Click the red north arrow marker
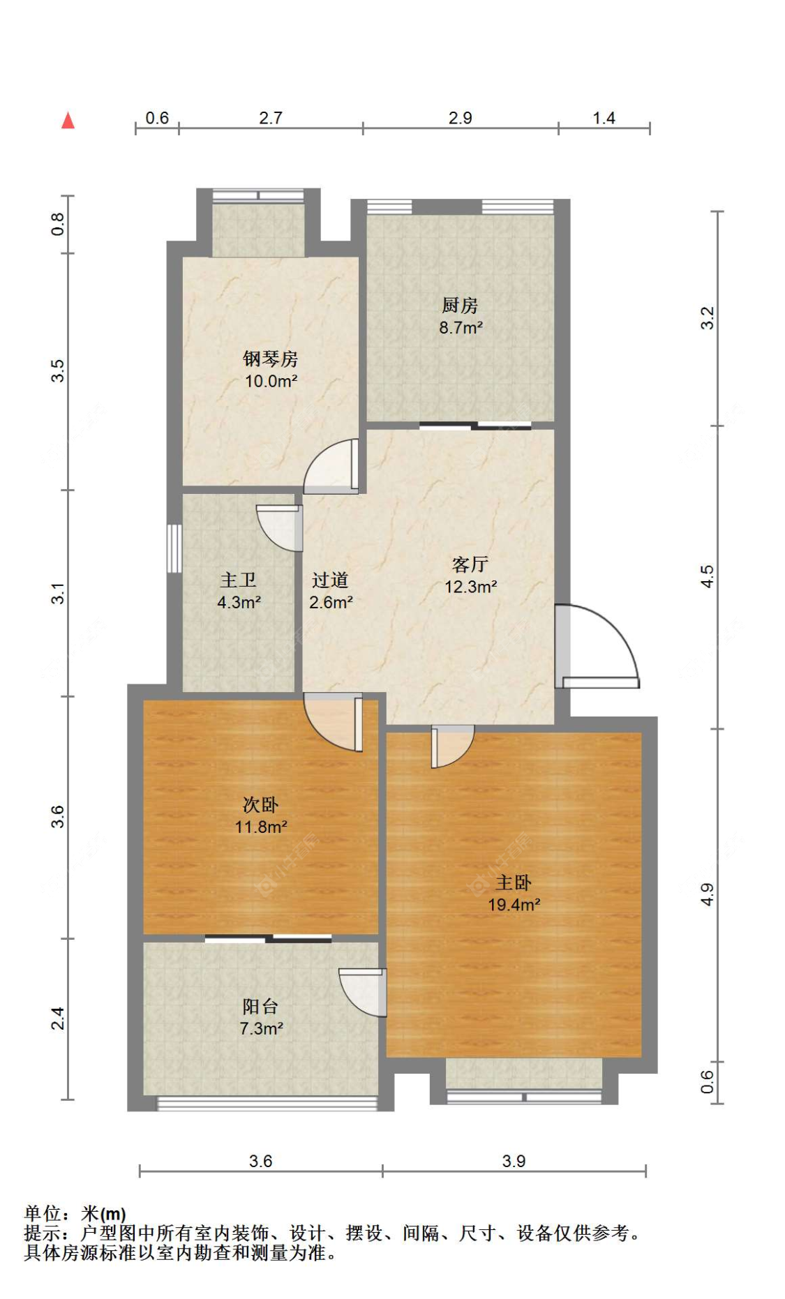coord(68,121)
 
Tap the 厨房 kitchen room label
coord(460,306)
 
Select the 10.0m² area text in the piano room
coord(271,382)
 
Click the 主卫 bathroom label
coord(238,580)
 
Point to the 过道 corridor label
coord(330,580)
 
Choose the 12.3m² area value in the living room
coord(471,587)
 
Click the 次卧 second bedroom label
coord(261,805)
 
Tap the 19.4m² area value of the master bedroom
coord(514,906)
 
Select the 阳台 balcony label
coord(260,1007)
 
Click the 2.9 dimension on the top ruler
coord(461,118)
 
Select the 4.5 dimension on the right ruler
coord(708,577)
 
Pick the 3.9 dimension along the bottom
coord(514,1161)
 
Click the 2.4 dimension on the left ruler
coord(58,1019)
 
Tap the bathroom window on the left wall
coord(174,548)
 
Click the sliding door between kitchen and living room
coord(475,425)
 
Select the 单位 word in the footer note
coord(42,1213)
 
